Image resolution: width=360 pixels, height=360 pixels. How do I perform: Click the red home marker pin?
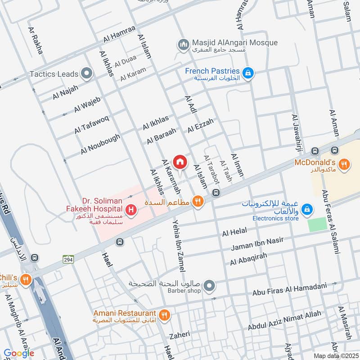[x=180, y=162]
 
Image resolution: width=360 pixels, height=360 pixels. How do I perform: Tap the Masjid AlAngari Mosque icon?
[x=183, y=44]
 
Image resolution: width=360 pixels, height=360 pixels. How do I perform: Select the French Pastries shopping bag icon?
[x=247, y=72]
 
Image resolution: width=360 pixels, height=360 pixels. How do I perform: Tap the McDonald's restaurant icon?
[x=344, y=165]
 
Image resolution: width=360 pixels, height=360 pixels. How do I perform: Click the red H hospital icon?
[x=131, y=210]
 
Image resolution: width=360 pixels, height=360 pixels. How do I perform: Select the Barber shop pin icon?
[x=209, y=285]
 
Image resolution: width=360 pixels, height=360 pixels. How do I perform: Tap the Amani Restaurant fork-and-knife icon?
[x=165, y=315]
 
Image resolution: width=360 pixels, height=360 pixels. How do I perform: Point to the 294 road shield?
[x=68, y=259]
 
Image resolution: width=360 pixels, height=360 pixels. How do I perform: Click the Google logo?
[x=18, y=353]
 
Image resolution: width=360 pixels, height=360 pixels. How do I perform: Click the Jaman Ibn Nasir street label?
[x=257, y=243]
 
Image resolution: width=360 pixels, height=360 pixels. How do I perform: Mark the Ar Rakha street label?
[x=36, y=40]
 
